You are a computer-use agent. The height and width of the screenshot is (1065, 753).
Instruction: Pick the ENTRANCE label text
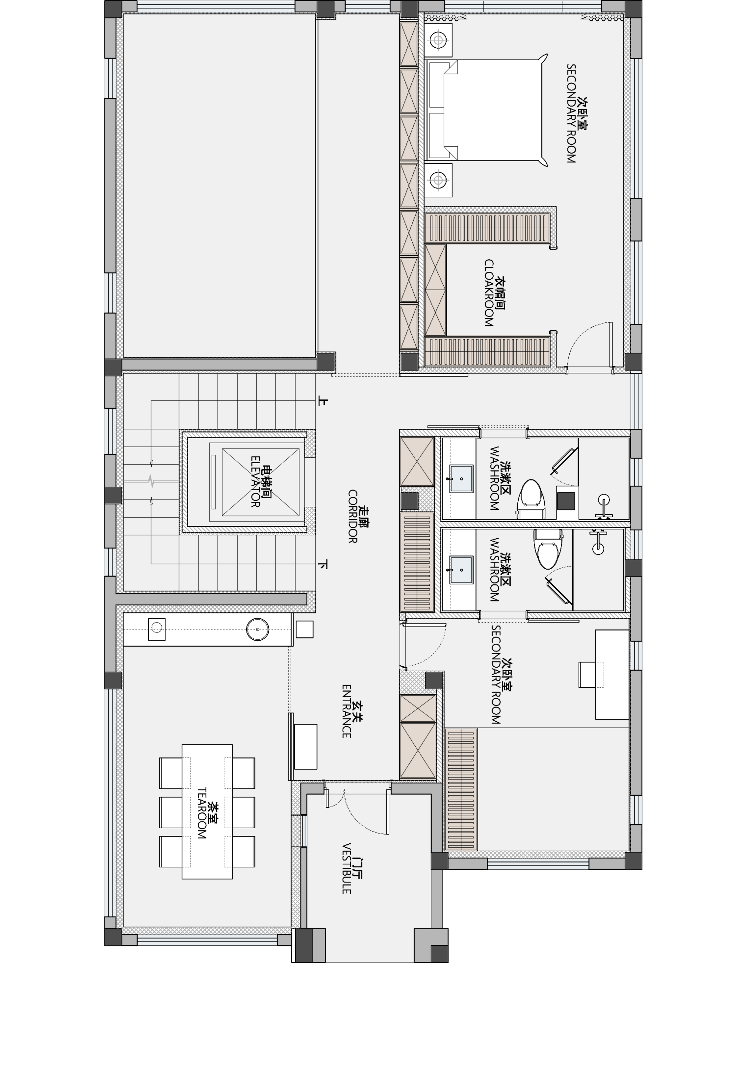coord(346,711)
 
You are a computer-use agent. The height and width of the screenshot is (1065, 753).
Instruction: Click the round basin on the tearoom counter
coord(257,629)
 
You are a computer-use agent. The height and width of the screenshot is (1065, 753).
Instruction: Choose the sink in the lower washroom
coord(461,570)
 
